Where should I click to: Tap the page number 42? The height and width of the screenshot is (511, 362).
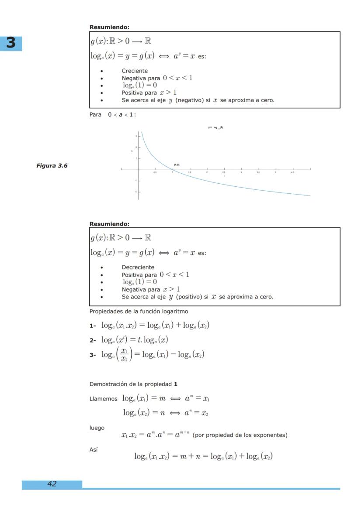[52, 484]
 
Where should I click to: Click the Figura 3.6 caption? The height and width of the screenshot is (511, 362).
[52, 165]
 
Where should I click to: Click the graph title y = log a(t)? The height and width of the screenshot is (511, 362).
[216, 127]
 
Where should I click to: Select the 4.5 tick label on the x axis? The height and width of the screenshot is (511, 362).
[292, 173]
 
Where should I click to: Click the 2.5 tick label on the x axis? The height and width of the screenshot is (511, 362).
[224, 173]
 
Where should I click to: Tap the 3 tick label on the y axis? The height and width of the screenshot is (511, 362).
[136, 136]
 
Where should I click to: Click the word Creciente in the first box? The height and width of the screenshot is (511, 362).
[135, 71]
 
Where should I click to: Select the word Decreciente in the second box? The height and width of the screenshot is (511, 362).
[138, 267]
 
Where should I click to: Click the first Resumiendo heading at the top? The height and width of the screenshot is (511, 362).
[109, 27]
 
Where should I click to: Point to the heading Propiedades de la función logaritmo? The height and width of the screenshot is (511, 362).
[139, 311]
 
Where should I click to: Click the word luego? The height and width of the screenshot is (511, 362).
[97, 428]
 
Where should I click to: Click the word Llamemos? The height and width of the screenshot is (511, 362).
[104, 398]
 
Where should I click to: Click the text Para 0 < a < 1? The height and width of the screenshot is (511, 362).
[112, 114]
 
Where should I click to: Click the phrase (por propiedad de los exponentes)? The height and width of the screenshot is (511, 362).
[240, 435]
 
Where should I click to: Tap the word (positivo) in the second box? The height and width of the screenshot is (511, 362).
[189, 297]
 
